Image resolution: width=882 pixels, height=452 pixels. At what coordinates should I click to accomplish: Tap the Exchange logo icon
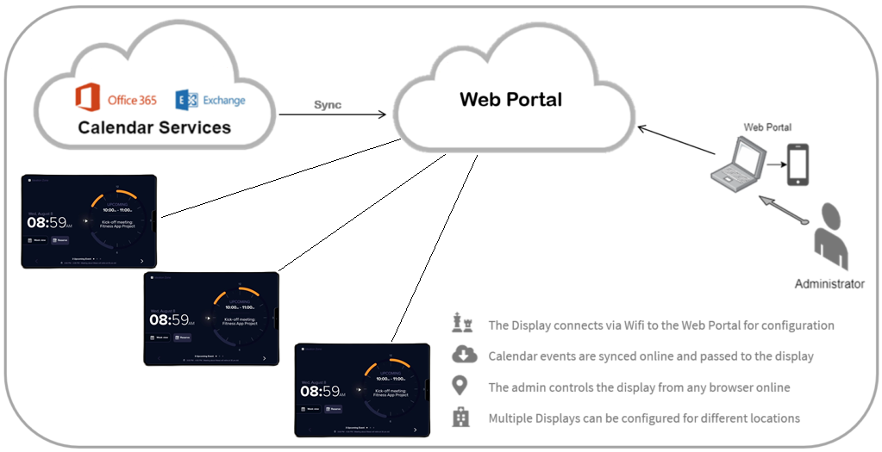click(187, 100)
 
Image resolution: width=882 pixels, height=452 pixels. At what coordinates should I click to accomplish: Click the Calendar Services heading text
click(154, 127)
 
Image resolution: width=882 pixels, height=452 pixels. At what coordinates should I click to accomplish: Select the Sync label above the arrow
click(327, 104)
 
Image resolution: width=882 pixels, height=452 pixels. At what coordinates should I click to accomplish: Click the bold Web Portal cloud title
click(510, 99)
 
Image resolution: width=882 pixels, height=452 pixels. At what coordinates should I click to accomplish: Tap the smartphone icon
click(798, 164)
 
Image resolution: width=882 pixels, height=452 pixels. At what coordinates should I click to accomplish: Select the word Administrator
click(829, 283)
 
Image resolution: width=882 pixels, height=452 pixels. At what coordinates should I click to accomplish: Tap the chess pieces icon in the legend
click(463, 324)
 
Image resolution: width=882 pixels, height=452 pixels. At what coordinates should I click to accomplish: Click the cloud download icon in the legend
click(463, 355)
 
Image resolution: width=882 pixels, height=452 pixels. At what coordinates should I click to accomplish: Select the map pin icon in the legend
click(463, 386)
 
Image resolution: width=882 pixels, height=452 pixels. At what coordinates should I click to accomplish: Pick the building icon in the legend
click(463, 418)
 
